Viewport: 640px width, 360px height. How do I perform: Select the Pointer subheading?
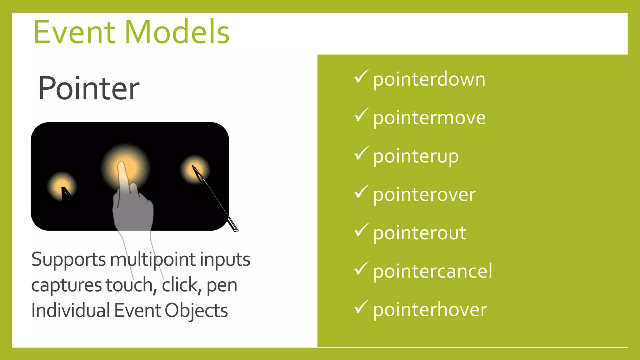click(x=88, y=88)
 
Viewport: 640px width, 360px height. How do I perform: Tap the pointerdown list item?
click(x=429, y=79)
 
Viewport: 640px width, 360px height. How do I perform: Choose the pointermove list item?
click(x=429, y=118)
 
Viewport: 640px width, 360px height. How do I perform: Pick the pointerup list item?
click(x=416, y=156)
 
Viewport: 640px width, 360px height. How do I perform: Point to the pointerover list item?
click(x=424, y=194)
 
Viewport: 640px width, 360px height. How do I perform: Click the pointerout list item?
click(x=419, y=233)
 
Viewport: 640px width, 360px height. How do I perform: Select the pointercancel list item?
click(x=432, y=271)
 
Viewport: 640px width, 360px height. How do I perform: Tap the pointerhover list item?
click(x=430, y=309)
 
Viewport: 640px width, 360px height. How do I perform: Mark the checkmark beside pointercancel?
click(x=361, y=268)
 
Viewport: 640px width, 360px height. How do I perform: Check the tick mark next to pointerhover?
click(x=361, y=307)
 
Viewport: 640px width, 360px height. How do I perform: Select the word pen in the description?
click(x=222, y=285)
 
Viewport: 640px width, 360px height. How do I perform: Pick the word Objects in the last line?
click(x=196, y=311)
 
